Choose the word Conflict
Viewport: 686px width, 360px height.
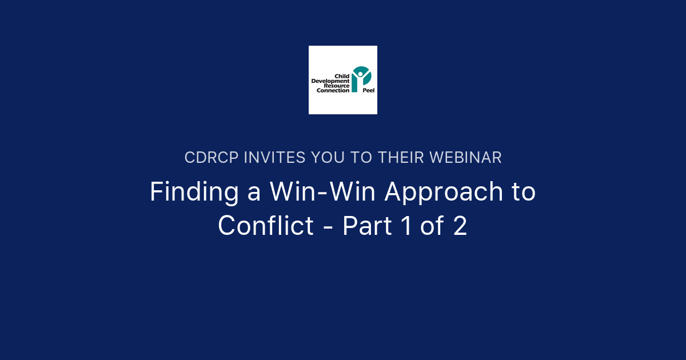tap(266, 226)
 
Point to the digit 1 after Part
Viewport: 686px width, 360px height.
tap(406, 226)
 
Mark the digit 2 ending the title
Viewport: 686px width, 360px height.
tap(461, 226)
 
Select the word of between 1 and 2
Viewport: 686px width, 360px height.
tap(433, 226)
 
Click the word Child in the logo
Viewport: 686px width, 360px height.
tap(342, 76)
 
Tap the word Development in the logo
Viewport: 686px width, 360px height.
tap(330, 81)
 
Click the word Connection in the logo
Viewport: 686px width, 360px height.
tap(333, 90)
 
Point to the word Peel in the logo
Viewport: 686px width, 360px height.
tap(369, 90)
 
